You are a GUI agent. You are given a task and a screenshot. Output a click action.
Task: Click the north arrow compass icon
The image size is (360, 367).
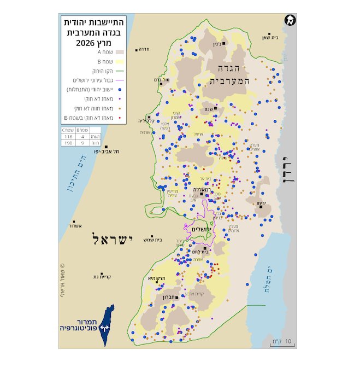pos(290,21)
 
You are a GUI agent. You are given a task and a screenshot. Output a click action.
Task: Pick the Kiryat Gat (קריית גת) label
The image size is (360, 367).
pos(103,277)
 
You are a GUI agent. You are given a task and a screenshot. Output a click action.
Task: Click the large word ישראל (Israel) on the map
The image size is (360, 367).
pos(110,240)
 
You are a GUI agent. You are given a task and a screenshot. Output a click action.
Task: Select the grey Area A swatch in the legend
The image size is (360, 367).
pos(119,52)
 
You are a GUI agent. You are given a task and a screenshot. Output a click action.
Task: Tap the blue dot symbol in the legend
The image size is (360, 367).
pos(119,89)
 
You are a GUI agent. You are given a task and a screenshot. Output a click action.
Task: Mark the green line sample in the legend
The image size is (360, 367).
pos(119,71)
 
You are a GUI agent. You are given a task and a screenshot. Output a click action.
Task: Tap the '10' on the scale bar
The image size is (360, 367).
pos(288,340)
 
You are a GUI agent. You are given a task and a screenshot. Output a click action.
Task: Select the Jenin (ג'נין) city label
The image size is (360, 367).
pos(217,44)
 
